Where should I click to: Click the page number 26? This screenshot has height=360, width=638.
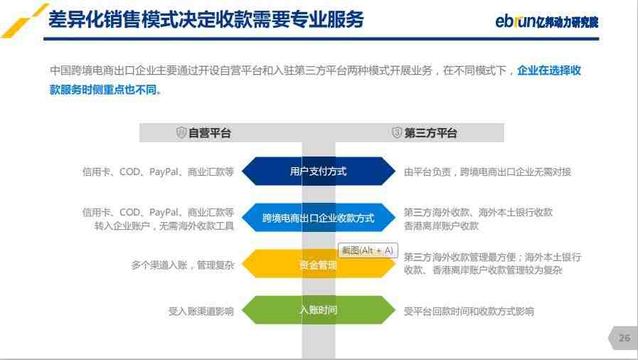pyautogui.click(x=624, y=338)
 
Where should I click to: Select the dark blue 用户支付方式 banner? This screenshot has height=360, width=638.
pyautogui.click(x=318, y=171)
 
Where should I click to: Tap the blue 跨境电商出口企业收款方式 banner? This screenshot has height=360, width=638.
pyautogui.click(x=318, y=218)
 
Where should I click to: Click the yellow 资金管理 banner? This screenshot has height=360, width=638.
pyautogui.click(x=318, y=264)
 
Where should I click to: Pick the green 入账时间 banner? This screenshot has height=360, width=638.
pyautogui.click(x=318, y=310)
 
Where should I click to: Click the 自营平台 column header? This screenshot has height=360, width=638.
pyautogui.click(x=210, y=133)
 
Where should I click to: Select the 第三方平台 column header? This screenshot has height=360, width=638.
pyautogui.click(x=430, y=133)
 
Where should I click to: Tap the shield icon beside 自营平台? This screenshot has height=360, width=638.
pyautogui.click(x=181, y=132)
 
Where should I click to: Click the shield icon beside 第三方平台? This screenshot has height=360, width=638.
pyautogui.click(x=397, y=132)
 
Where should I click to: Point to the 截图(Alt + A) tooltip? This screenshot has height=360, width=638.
pyautogui.click(x=368, y=250)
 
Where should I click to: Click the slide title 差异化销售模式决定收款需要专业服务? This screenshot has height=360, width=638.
pyautogui.click(x=206, y=19)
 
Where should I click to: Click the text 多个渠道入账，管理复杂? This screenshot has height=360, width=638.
pyautogui.click(x=182, y=265)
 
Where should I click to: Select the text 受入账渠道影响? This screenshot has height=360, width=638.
pyautogui.click(x=201, y=312)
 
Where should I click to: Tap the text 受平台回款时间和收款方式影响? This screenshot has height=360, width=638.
pyautogui.click(x=469, y=312)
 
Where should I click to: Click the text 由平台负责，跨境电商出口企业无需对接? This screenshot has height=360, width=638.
pyautogui.click(x=487, y=172)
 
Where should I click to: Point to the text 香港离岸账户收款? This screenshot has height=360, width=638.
pyautogui.click(x=441, y=226)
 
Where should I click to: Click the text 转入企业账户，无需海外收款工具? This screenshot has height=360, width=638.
pyautogui.click(x=164, y=226)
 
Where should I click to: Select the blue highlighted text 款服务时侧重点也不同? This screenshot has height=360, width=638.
pyautogui.click(x=105, y=90)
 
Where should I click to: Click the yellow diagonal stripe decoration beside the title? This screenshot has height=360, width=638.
pyautogui.click(x=24, y=21)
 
